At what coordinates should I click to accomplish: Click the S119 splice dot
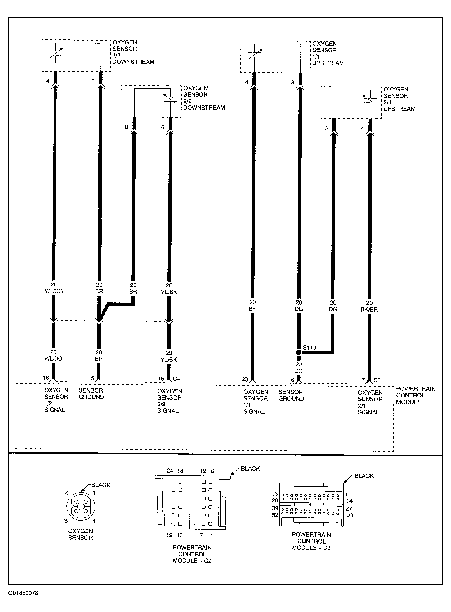299,353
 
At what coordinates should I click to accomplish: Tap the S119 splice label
310,348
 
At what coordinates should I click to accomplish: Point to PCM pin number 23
245,379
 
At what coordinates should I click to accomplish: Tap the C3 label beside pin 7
377,380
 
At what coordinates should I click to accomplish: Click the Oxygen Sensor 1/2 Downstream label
133,52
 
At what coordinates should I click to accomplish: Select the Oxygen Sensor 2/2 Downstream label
204,98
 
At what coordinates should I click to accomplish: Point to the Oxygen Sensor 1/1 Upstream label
328,53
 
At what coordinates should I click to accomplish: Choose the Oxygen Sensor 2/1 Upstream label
399,99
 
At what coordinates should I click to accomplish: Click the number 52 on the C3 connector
275,515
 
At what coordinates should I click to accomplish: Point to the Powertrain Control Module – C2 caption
192,554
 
